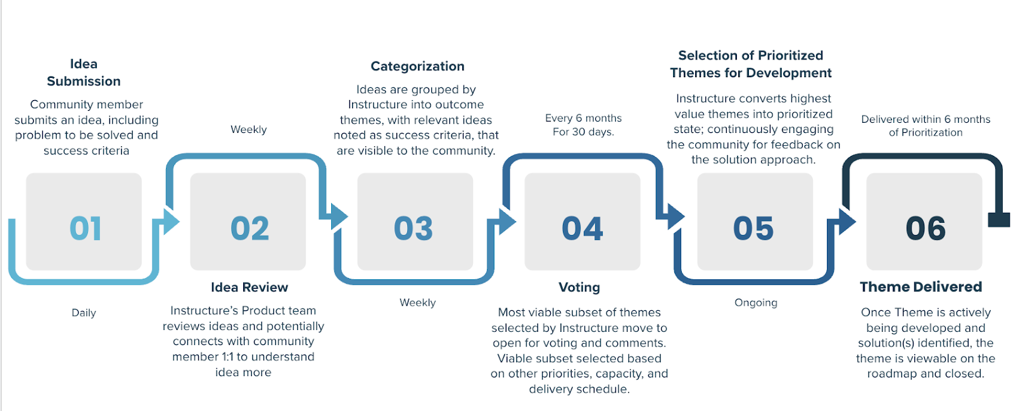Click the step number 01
[x=85, y=229]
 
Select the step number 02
[x=249, y=229]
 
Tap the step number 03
[x=413, y=229]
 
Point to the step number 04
[x=582, y=229]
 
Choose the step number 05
[x=753, y=229]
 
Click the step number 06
[x=926, y=229]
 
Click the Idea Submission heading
[x=84, y=72]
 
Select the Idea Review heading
[x=249, y=288]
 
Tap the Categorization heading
[x=417, y=66]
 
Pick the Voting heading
[x=579, y=288]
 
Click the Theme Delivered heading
[x=921, y=287]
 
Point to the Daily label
[x=84, y=313]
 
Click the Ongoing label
[x=755, y=303]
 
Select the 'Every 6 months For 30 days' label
[x=583, y=125]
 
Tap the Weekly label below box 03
[x=417, y=303]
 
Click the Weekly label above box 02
[x=248, y=130]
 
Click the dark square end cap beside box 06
[x=998, y=220]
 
